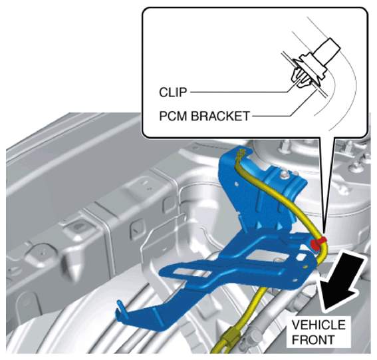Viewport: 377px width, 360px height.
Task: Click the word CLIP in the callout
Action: click(173, 92)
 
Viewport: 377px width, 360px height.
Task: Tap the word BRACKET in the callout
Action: click(220, 116)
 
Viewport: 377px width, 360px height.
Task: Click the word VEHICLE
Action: click(318, 325)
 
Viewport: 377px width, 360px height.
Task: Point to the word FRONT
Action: click(313, 340)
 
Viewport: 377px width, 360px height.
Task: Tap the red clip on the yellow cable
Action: click(318, 243)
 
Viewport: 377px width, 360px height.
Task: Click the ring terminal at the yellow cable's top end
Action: click(241, 152)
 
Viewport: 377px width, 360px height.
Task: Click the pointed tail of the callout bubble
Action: click(324, 231)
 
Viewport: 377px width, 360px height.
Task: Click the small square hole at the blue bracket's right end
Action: click(301, 258)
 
